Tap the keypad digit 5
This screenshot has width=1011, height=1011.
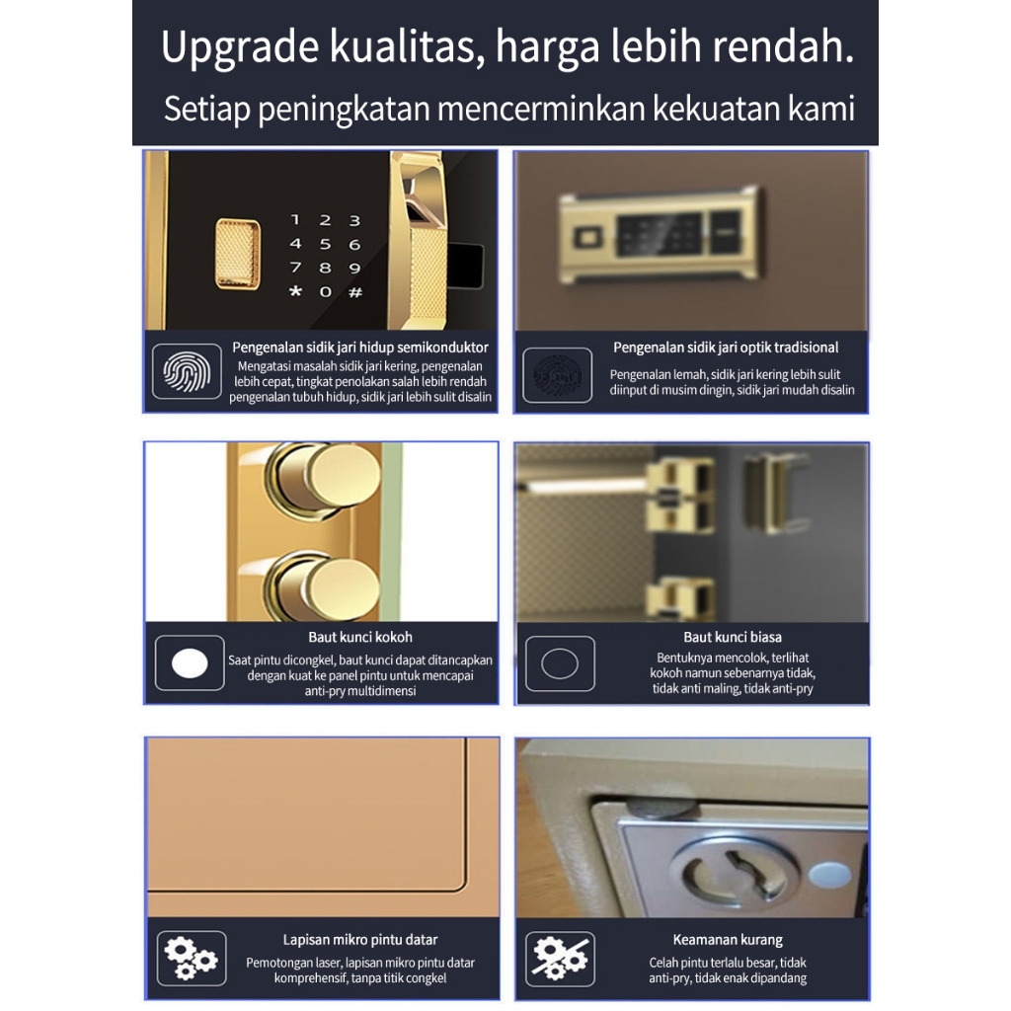point(325,245)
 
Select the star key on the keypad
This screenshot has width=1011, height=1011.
point(295,291)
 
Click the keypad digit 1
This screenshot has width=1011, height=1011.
point(295,220)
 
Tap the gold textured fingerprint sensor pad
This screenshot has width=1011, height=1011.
point(238,254)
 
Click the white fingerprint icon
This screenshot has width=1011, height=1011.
point(187,371)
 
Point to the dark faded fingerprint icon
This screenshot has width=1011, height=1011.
point(557,375)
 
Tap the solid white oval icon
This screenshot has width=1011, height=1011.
point(190,662)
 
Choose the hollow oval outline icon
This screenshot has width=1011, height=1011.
point(560,663)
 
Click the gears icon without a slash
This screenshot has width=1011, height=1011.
point(191,958)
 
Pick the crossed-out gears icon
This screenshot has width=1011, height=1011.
point(560,959)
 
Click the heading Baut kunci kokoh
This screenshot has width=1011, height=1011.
point(359,637)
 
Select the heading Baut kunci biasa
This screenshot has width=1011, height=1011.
point(733,637)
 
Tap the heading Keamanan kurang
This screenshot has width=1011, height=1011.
point(728,940)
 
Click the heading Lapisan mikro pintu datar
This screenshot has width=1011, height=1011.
point(359,940)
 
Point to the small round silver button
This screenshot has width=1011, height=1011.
point(829,875)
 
